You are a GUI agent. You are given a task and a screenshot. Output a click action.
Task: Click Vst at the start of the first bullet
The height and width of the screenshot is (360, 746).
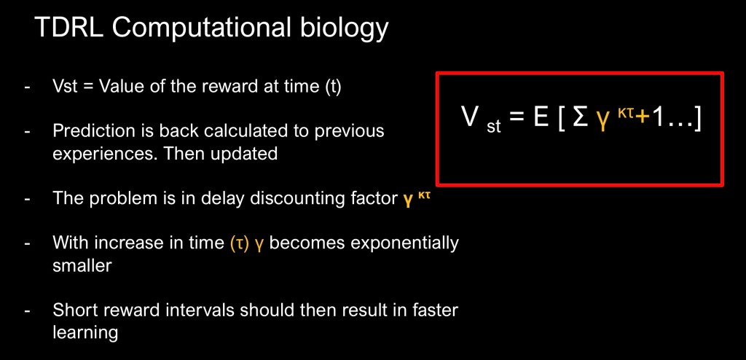click(65, 86)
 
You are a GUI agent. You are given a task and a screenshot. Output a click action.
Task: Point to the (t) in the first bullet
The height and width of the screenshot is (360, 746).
click(332, 87)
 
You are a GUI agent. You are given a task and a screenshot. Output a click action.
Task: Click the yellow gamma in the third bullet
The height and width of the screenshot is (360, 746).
click(408, 200)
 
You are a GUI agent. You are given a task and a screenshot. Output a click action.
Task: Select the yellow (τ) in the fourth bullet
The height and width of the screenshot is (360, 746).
click(239, 244)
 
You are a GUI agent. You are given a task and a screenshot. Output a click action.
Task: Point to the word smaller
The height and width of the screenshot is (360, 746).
click(82, 265)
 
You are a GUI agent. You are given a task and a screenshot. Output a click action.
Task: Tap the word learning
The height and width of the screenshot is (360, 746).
click(85, 333)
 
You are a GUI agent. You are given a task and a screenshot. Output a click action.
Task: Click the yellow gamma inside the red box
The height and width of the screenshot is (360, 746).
click(603, 121)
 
